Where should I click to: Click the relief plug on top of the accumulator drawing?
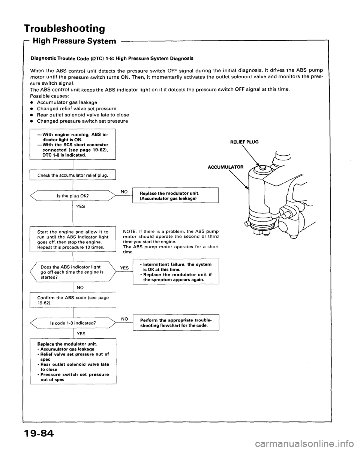[261, 168]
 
